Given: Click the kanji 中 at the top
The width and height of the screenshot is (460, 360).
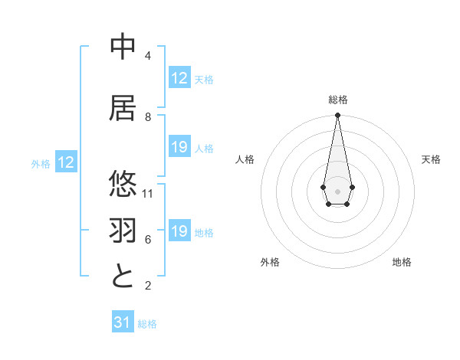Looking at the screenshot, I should tap(123, 47).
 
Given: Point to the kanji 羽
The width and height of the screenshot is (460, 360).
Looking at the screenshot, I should tap(123, 231).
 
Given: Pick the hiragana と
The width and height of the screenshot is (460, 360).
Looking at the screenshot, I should tap(123, 276).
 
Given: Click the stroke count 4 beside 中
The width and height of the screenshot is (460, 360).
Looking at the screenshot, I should tap(148, 56).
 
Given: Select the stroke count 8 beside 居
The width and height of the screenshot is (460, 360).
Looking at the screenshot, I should tap(148, 117).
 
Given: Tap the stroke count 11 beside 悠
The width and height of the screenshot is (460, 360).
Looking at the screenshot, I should tap(148, 194).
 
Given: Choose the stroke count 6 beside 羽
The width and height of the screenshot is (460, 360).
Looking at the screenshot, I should tap(148, 240).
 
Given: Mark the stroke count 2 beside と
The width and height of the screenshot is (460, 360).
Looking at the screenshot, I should tap(148, 286).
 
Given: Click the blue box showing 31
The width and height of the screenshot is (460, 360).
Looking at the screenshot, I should tap(123, 322).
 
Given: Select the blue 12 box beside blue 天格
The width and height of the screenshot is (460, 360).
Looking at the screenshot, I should tap(179, 78).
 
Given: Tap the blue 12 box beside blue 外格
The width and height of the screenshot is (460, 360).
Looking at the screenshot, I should tap(66, 162).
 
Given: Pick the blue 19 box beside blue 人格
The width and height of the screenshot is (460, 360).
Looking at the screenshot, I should tap(179, 147).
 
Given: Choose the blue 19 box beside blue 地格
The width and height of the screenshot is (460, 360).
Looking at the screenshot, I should tap(179, 231).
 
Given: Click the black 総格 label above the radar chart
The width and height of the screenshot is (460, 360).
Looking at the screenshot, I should tap(338, 100).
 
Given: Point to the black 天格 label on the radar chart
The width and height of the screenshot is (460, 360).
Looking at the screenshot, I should tap(431, 159).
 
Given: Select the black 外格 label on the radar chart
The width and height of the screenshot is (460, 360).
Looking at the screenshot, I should tap(270, 262).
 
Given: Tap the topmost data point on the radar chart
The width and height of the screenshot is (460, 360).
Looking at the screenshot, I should tap(338, 116).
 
